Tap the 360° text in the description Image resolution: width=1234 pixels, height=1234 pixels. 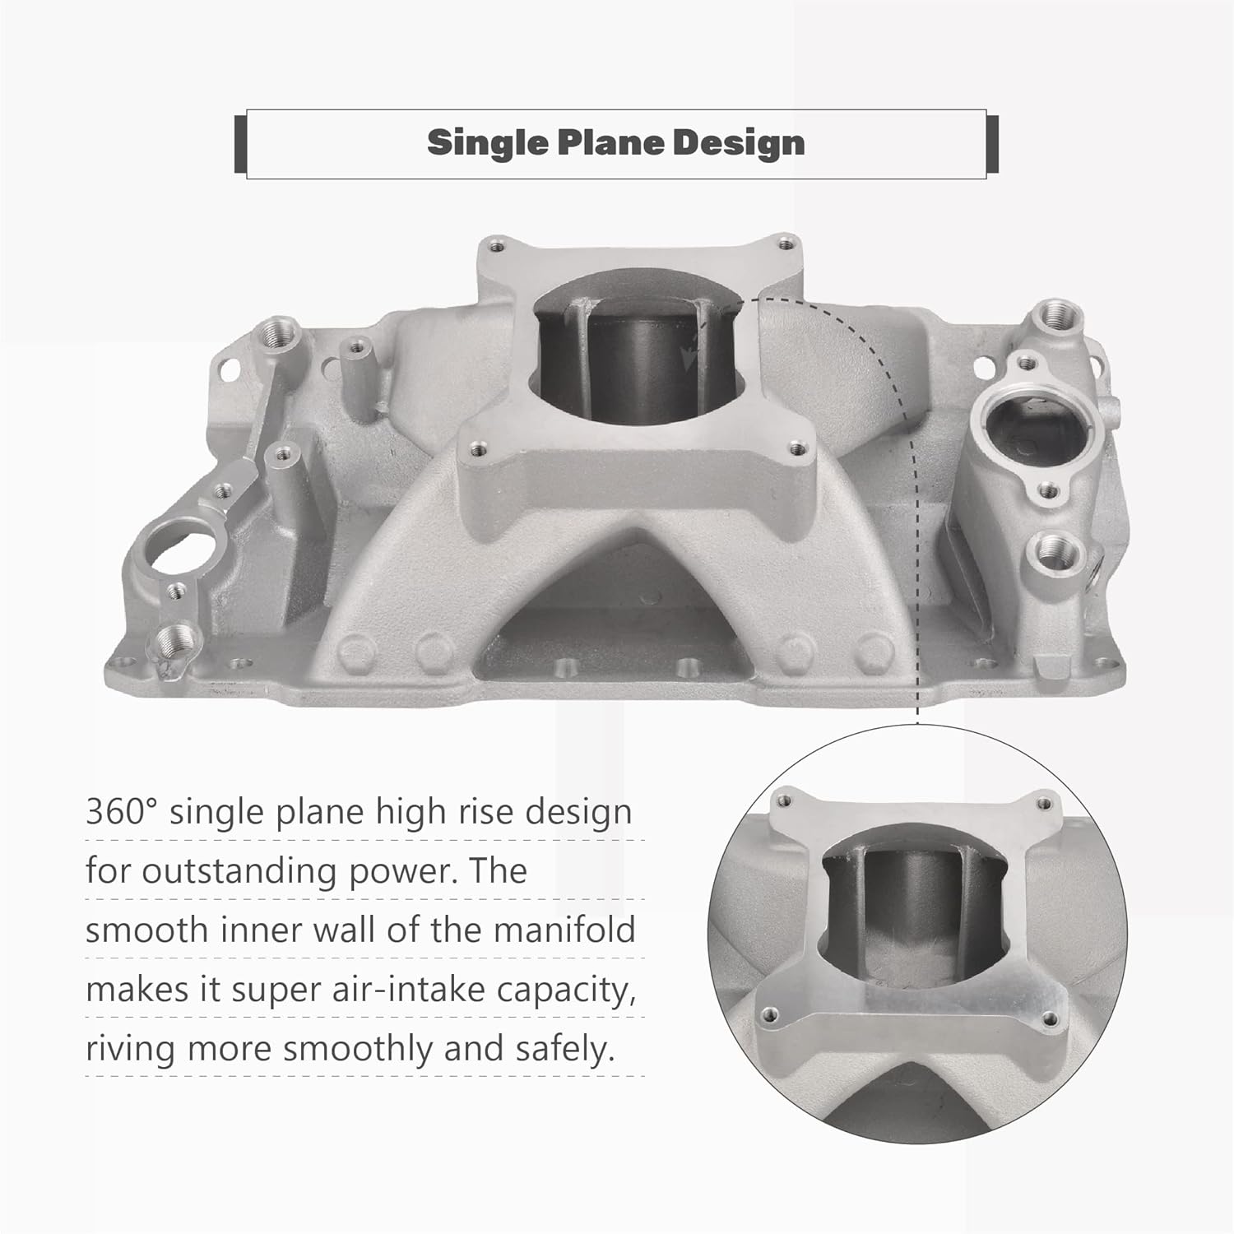pos(121,812)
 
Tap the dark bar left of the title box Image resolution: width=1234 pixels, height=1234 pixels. pos(240,144)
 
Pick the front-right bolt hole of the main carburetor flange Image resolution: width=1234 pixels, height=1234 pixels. pos(795,448)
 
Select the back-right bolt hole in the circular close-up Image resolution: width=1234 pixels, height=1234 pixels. pos(1045,803)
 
